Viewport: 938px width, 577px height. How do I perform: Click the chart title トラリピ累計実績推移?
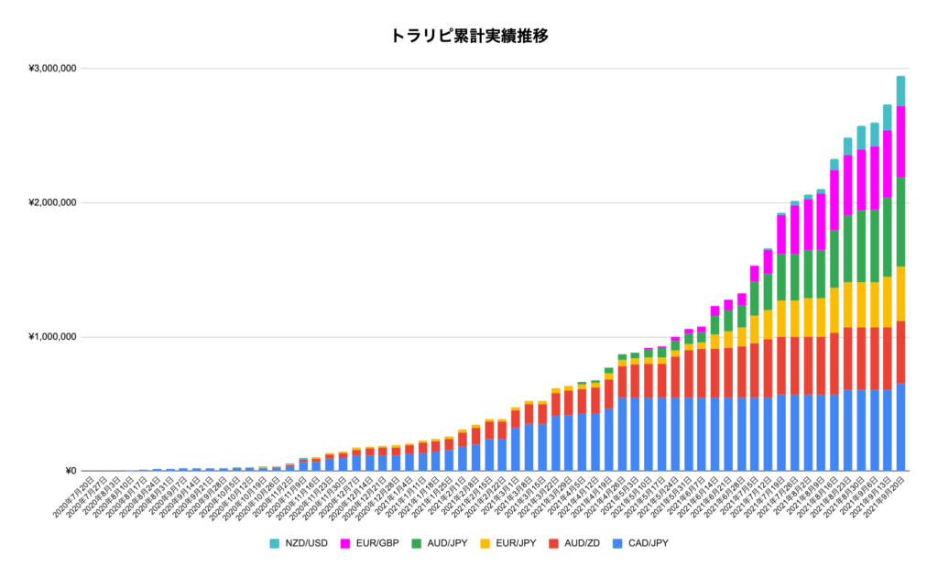click(x=469, y=37)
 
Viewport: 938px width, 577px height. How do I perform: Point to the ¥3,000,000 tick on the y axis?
click(x=52, y=69)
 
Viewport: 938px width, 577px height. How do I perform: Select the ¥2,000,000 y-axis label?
click(x=52, y=202)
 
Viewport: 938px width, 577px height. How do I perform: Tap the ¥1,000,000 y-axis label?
click(x=52, y=337)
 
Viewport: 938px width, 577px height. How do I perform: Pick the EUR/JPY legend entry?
click(x=518, y=543)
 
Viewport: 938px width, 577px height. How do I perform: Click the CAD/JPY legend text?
click(x=649, y=543)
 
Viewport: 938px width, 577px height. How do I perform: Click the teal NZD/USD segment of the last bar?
click(x=900, y=91)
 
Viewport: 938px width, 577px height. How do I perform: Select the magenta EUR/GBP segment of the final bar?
click(x=900, y=141)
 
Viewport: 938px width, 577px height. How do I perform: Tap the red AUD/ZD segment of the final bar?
click(x=900, y=352)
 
